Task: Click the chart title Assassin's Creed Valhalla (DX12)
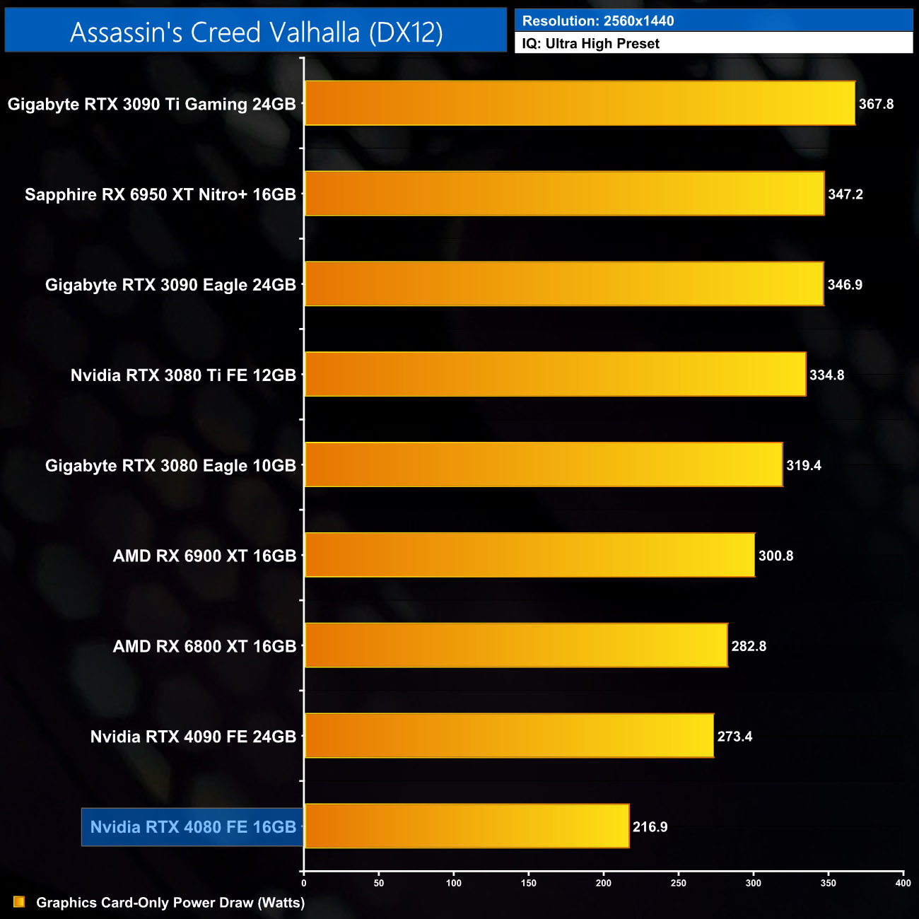click(256, 32)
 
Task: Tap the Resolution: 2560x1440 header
click(598, 21)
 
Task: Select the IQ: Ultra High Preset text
click(590, 43)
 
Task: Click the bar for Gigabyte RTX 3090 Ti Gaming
click(580, 103)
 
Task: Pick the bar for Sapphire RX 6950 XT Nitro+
click(564, 194)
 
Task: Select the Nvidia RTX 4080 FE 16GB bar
click(467, 826)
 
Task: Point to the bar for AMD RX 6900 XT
click(529, 555)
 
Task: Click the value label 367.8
click(876, 104)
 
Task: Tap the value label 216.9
click(650, 826)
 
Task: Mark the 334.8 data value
click(826, 375)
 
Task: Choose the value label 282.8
click(749, 645)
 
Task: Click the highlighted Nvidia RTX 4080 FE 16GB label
click(193, 826)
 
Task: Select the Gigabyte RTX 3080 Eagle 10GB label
click(170, 465)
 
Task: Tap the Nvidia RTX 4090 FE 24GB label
click(193, 736)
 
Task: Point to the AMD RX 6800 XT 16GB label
click(204, 645)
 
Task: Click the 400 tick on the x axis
click(903, 882)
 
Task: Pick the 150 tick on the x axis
click(529, 882)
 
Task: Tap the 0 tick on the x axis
click(304, 882)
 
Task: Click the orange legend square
click(19, 902)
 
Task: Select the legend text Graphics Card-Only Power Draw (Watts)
click(170, 902)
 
